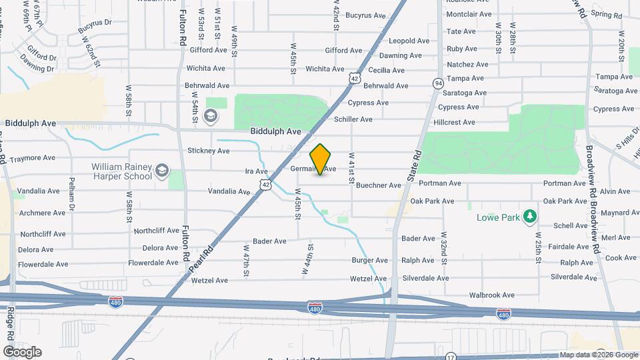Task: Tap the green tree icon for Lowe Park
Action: click(530, 216)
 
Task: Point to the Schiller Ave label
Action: click(353, 119)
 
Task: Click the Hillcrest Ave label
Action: click(454, 123)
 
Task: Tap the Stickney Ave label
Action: click(209, 151)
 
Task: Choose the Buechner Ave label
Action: click(378, 185)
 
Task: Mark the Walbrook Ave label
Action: click(492, 295)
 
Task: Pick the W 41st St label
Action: click(351, 167)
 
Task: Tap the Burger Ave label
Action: click(371, 261)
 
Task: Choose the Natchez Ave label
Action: click(468, 65)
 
